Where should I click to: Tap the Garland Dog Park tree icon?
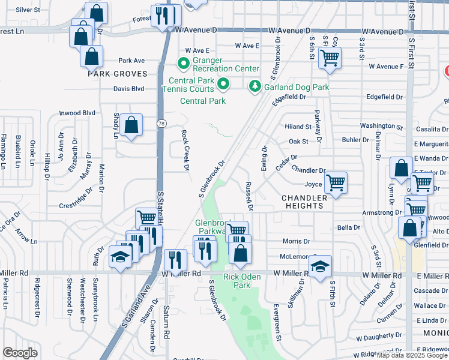(255, 88)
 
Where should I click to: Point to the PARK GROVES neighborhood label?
(118, 74)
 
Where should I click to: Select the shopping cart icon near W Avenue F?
(330, 59)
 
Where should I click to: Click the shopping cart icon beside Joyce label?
(336, 182)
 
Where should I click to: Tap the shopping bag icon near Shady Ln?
(131, 125)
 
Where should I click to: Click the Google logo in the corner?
(20, 353)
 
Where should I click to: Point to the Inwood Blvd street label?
(77, 113)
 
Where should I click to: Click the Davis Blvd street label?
(129, 89)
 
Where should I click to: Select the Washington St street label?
(381, 127)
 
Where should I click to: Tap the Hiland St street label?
(298, 127)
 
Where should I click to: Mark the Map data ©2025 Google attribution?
(412, 355)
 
